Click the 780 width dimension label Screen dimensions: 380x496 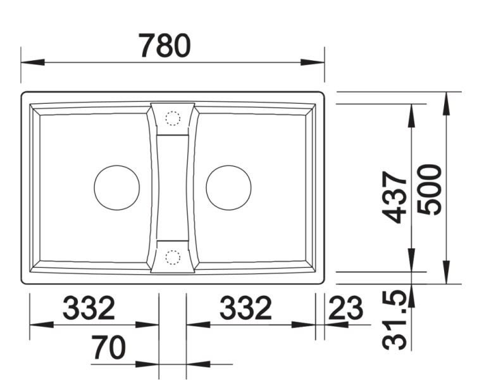[164, 46]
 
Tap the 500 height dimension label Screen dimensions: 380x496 [433, 189]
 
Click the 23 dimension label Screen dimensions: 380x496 [347, 309]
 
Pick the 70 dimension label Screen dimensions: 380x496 [109, 348]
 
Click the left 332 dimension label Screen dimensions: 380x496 [89, 308]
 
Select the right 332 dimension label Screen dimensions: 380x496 [245, 308]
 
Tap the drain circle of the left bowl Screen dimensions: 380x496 [116, 187]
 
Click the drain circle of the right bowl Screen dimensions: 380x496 [228, 187]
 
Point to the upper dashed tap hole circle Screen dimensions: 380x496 [172, 118]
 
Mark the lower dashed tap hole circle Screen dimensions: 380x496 [172, 256]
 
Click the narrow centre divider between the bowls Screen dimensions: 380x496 [172, 187]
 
